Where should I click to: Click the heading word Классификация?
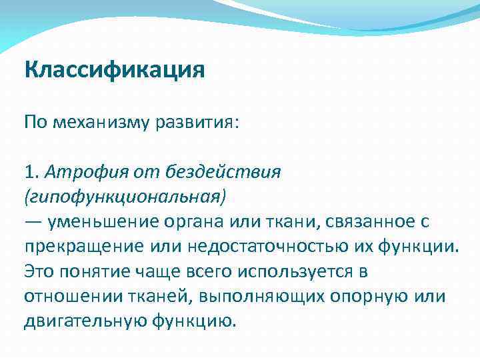pyautogui.click(x=114, y=69)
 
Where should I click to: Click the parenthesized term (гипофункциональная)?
pyautogui.click(x=125, y=197)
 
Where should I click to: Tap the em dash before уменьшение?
pyautogui.click(x=33, y=222)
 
